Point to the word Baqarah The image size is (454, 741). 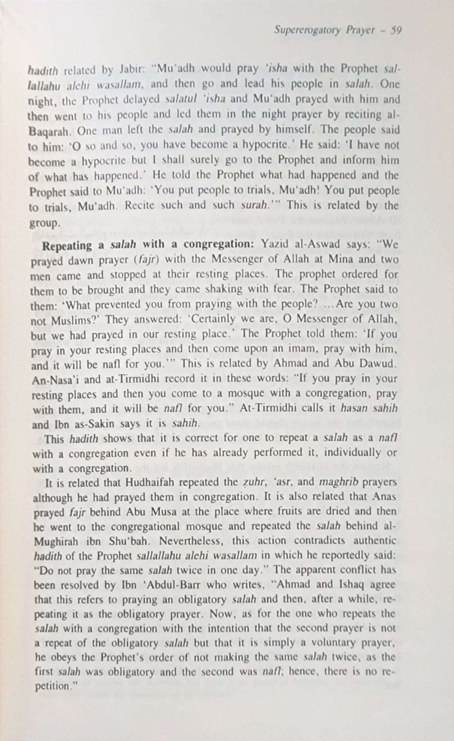coord(48,131)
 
